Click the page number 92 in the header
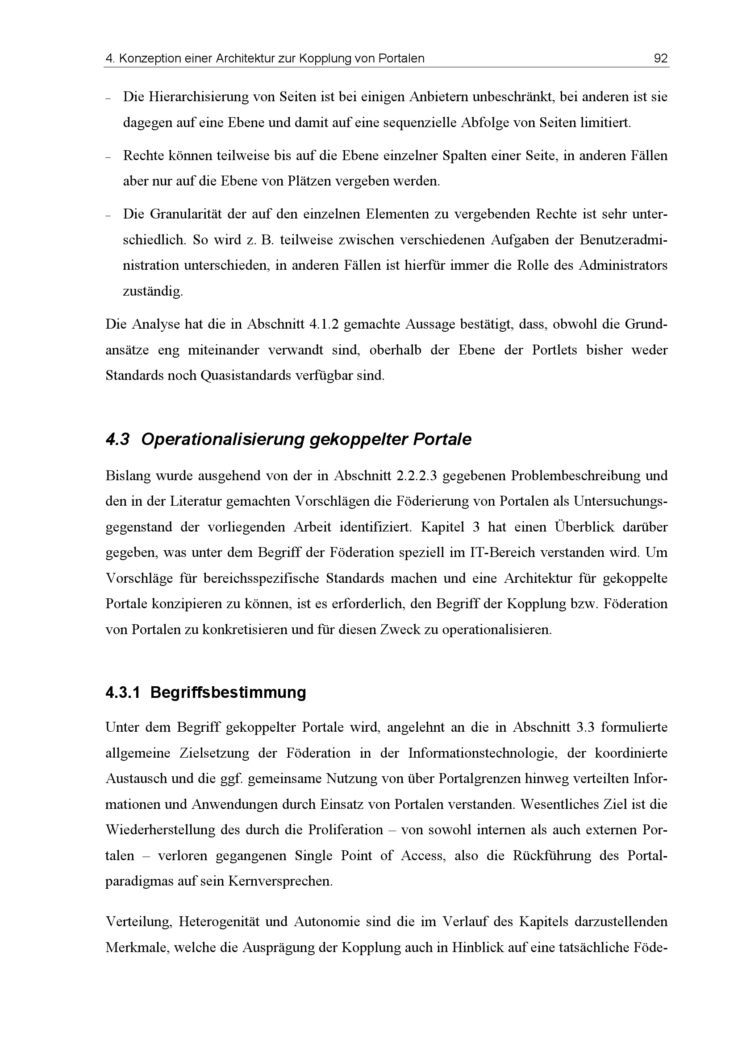[x=660, y=58]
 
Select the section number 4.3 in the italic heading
[x=117, y=440]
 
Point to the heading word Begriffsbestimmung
[x=228, y=693]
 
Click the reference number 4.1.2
[x=326, y=324]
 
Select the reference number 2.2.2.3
[x=417, y=476]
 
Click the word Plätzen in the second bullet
[x=309, y=181]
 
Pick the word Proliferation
[x=346, y=830]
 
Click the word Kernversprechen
[x=280, y=882]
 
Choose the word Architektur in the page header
[x=246, y=58]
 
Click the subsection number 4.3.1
[x=123, y=693]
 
